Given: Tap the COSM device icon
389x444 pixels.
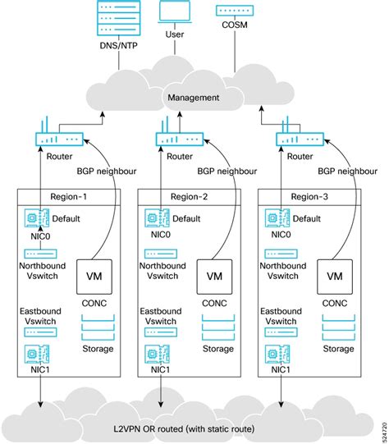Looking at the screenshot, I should [x=235, y=13].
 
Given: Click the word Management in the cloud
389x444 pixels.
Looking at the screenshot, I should [x=194, y=98].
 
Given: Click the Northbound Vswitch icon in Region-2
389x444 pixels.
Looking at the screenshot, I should [x=161, y=254].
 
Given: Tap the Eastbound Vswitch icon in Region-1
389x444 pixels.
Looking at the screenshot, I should [x=39, y=333].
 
